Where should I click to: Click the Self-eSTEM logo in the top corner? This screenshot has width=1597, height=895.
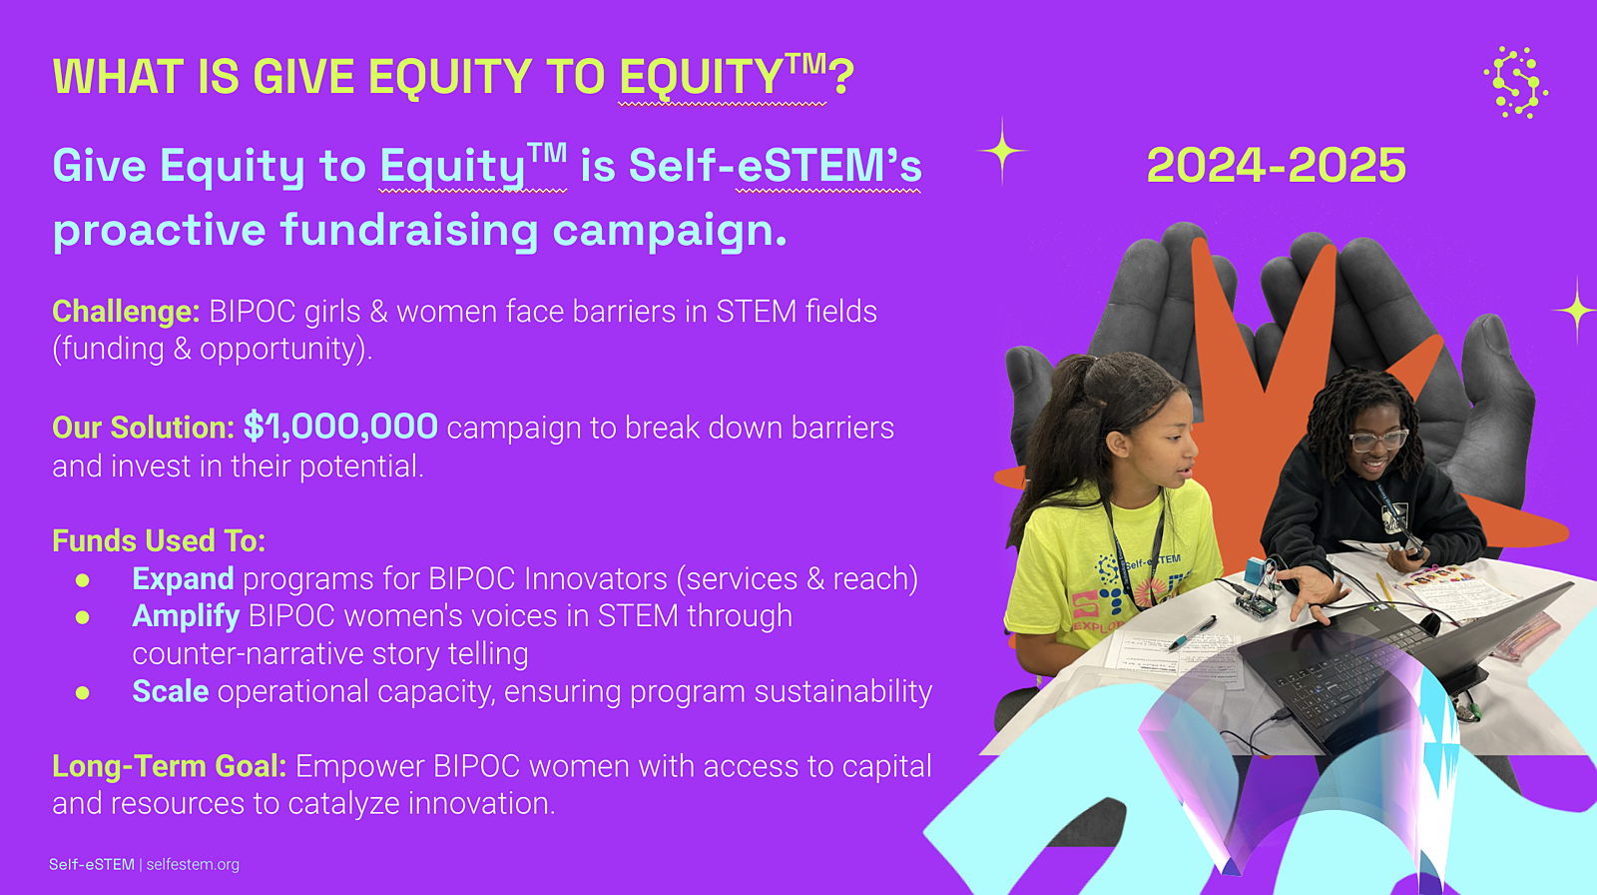tap(1516, 82)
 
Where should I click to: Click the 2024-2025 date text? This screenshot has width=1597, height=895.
tap(1277, 165)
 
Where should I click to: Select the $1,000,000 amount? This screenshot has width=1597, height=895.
tap(340, 427)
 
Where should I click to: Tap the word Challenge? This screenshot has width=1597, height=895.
tap(126, 312)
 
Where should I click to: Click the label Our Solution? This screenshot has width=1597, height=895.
tap(144, 428)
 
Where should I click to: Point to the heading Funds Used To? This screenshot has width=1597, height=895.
tap(159, 540)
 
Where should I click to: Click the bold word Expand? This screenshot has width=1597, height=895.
tap(183, 578)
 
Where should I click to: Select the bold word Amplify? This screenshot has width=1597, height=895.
tap(186, 616)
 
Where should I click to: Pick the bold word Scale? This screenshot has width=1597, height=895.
tap(171, 691)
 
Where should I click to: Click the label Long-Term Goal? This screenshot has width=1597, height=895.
tap(170, 766)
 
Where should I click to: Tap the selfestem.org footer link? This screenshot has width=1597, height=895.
tap(193, 864)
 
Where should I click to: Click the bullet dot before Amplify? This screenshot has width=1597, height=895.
tap(83, 617)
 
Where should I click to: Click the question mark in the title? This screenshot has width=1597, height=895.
tap(842, 76)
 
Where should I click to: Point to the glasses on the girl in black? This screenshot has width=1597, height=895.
tap(1378, 440)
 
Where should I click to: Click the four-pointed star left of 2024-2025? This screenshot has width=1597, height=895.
tap(1002, 151)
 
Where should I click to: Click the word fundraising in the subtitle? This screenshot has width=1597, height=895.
tap(409, 230)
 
